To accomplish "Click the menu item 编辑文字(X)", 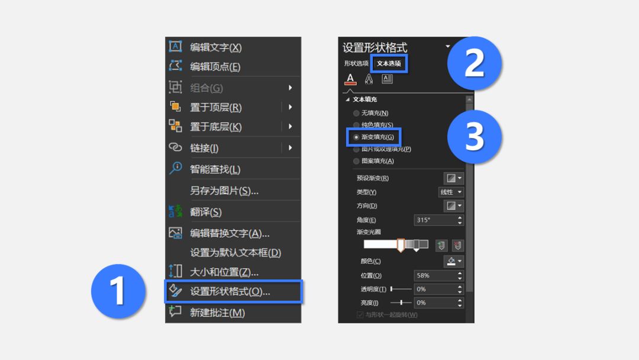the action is tap(215, 47).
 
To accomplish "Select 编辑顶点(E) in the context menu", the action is tap(215, 66).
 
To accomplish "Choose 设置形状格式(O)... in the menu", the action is tap(230, 291).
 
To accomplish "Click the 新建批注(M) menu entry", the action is tap(217, 313).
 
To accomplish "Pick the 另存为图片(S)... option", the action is tap(224, 191).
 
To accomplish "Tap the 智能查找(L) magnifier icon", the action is tap(176, 168).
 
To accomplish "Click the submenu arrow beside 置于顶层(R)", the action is tap(290, 107).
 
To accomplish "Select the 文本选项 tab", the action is tap(389, 63).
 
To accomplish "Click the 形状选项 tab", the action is tap(356, 63).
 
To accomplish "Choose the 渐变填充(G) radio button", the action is tap(356, 137).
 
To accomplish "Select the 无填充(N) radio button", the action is tap(356, 113).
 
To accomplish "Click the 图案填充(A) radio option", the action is tap(356, 161).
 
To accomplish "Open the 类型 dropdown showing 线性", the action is tap(451, 192).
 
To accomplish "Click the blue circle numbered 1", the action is tap(118, 291).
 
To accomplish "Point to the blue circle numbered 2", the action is tap(475, 63).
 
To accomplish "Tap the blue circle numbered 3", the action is tap(475, 137).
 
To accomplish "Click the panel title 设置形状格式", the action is tap(375, 47).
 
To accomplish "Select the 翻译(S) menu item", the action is tap(206, 212).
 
